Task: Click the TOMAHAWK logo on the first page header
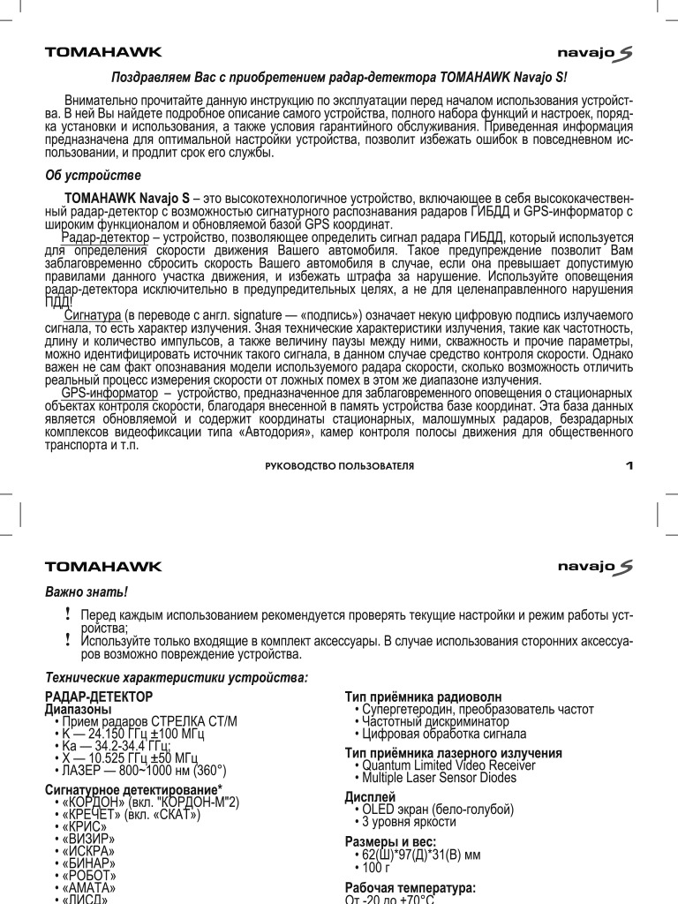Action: pos(103,52)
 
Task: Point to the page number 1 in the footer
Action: pos(629,465)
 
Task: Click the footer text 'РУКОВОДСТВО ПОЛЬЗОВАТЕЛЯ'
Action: pos(339,465)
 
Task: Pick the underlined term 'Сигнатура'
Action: pos(93,316)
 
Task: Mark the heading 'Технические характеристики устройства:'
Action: pos(177,677)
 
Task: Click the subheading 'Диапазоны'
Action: pos(78,709)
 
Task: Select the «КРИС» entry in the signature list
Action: pos(85,825)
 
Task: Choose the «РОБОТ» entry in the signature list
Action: pos(89,875)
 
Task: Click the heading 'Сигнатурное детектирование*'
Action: pos(133,788)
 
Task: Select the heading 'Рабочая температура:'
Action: pos(410,887)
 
